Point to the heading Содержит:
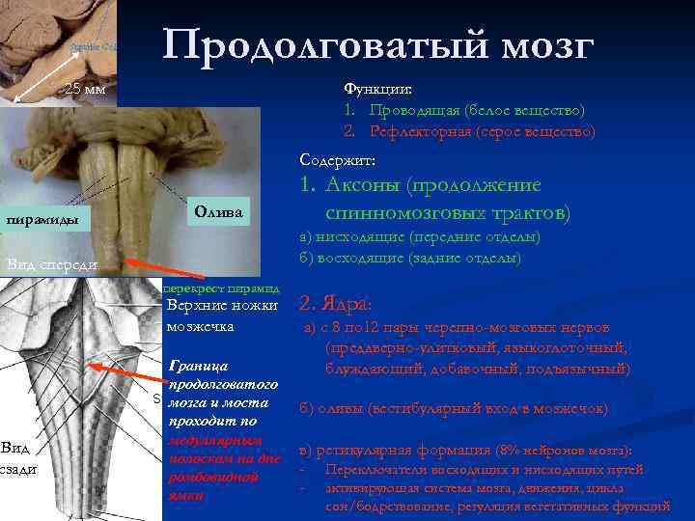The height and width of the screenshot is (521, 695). tap(331, 158)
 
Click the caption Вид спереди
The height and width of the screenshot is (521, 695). tap(48, 264)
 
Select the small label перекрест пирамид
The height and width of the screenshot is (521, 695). tap(221, 288)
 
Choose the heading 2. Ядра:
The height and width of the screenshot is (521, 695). tap(329, 305)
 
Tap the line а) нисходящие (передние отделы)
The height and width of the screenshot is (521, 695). tap(420, 236)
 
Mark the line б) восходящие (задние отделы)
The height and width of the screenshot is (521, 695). tap(410, 258)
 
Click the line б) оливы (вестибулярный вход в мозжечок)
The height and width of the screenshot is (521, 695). tap(453, 408)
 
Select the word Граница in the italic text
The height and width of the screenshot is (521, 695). tap(199, 367)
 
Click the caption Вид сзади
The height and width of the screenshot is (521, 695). tap(15, 458)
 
